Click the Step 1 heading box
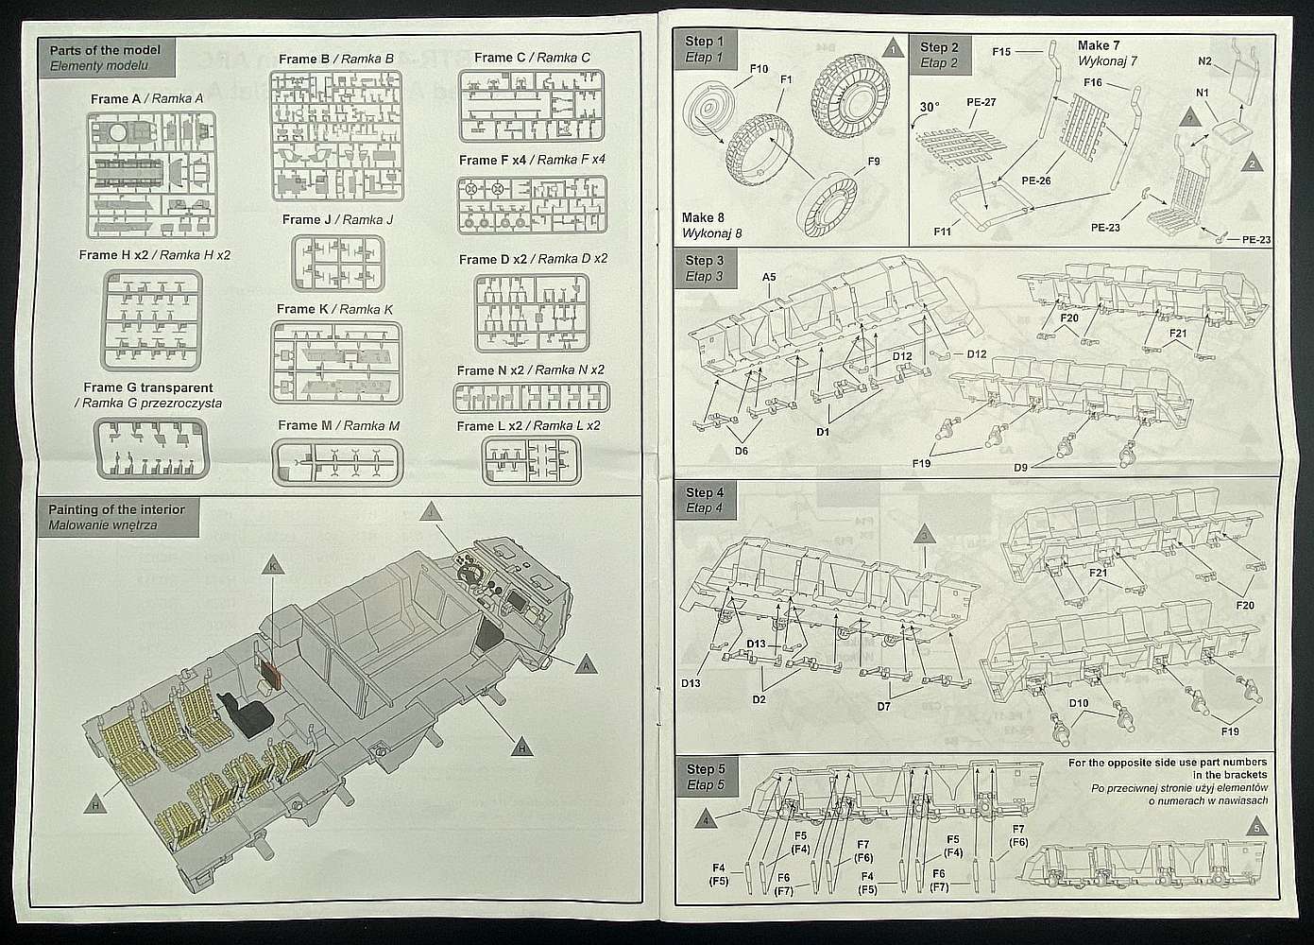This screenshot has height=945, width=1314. pos(706,48)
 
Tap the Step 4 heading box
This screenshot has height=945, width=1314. pos(706,501)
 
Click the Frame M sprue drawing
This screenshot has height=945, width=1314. pos(338,463)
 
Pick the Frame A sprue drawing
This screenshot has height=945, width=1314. pos(151,175)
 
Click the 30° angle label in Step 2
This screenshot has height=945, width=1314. pos(930,107)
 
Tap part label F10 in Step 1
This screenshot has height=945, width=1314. pos(759,69)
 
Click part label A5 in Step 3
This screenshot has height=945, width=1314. pos(770,277)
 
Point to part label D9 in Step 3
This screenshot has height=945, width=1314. pos(1020,467)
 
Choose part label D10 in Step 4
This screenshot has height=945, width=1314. pos(1079,703)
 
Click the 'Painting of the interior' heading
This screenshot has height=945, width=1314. pos(116,509)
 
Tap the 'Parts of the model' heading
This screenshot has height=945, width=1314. pos(105,50)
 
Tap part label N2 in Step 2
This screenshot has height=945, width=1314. pos(1204,60)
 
